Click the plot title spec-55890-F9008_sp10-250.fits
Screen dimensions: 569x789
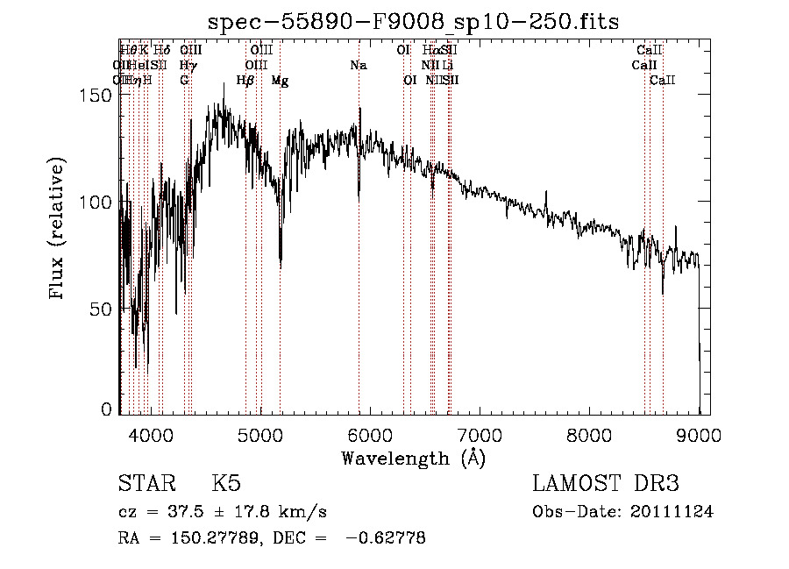click(x=414, y=24)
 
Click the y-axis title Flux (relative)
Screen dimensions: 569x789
click(x=59, y=231)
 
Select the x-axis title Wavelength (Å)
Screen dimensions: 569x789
click(x=414, y=458)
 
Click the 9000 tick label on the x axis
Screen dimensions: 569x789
click(x=699, y=435)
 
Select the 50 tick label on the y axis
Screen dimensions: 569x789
click(x=103, y=309)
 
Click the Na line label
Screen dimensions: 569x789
click(x=358, y=66)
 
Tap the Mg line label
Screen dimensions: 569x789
click(x=280, y=81)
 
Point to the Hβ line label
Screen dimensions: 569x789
click(x=245, y=81)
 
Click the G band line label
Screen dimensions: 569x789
click(x=184, y=81)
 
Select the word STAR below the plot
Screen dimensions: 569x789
click(x=146, y=485)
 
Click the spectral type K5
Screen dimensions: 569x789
click(x=226, y=485)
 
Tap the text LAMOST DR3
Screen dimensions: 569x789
click(x=606, y=485)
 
